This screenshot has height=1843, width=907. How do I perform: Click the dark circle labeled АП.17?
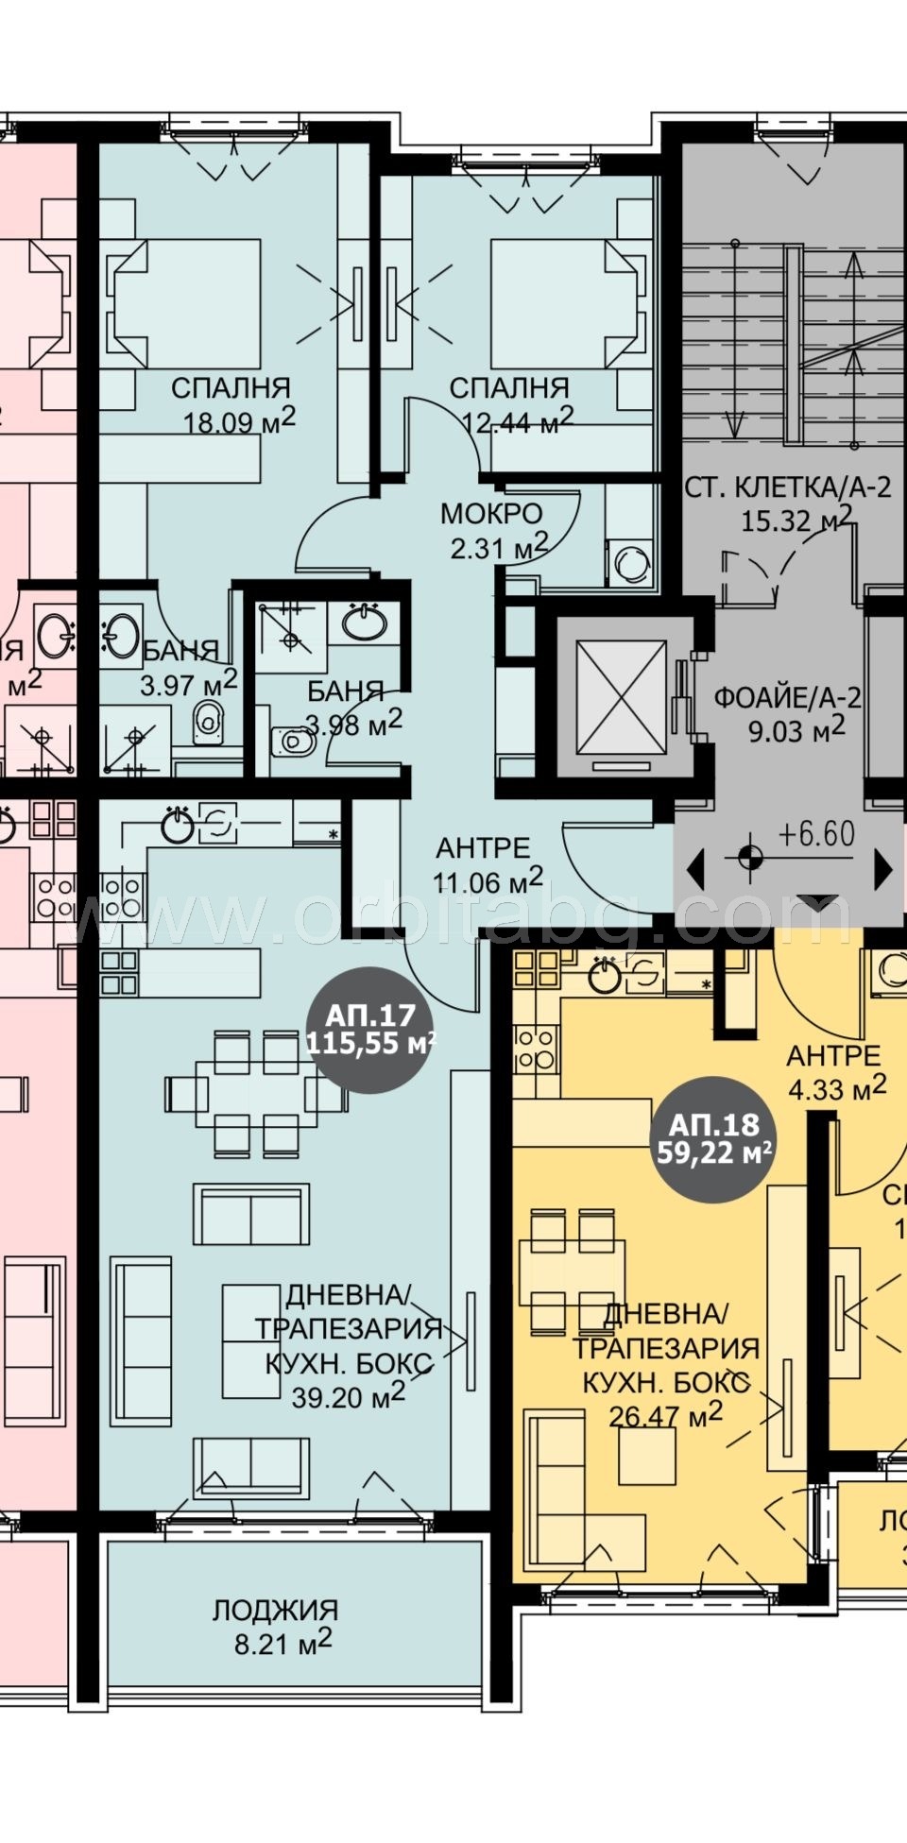click(370, 1031)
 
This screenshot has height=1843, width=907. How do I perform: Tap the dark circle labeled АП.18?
click(714, 1139)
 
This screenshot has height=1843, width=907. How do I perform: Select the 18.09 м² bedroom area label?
click(239, 420)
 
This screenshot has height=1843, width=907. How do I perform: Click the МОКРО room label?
click(491, 515)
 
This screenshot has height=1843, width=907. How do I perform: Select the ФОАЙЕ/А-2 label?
click(787, 698)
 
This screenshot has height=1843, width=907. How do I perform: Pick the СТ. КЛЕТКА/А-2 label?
click(786, 488)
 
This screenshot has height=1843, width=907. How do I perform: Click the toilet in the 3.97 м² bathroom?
click(208, 722)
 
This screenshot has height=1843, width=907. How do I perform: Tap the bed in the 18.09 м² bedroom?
click(189, 302)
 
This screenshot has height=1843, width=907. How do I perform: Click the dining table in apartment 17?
click(255, 1095)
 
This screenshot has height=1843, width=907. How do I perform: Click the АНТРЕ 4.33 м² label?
click(834, 1071)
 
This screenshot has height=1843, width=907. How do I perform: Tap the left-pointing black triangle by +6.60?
click(696, 868)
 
